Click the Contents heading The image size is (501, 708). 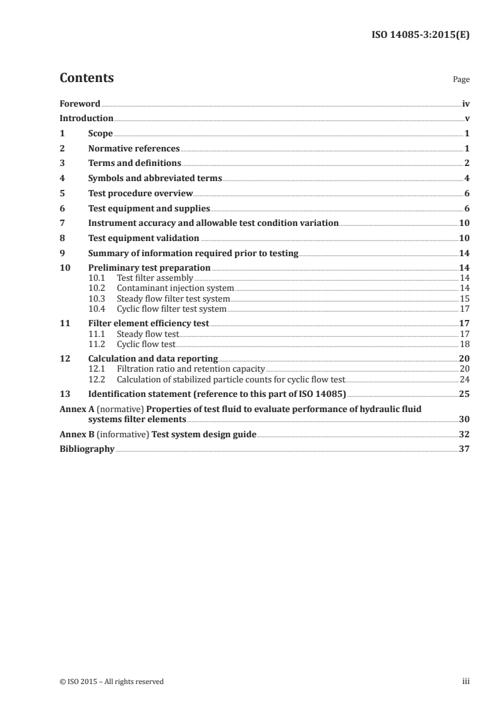[x=87, y=78]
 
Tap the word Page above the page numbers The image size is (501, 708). [x=461, y=80]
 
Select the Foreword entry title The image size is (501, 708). [x=80, y=103]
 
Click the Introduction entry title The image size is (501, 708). [x=86, y=118]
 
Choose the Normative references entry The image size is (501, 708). [x=134, y=149]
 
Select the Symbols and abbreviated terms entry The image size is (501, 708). [x=155, y=179]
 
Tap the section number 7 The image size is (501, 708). [x=62, y=223]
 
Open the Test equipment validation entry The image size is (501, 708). [x=143, y=238]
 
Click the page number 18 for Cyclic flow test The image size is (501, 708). [x=464, y=344]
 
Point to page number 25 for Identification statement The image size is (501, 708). [x=464, y=394]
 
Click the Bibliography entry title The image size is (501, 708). [x=87, y=449]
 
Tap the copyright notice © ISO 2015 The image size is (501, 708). [x=111, y=681]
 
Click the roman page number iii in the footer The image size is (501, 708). [x=466, y=681]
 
